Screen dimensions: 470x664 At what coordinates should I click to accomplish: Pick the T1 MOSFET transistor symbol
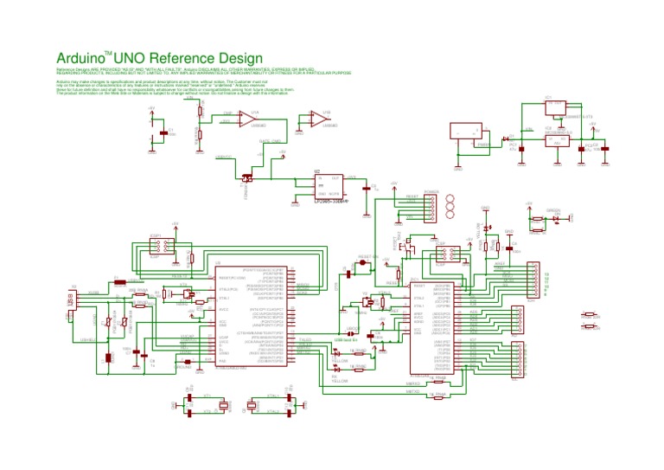tap(247, 179)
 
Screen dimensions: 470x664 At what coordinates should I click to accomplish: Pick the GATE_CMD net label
tap(269, 140)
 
